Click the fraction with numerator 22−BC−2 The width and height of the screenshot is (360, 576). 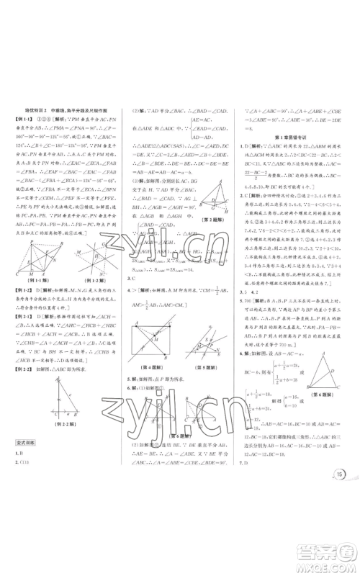pos(255,153)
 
